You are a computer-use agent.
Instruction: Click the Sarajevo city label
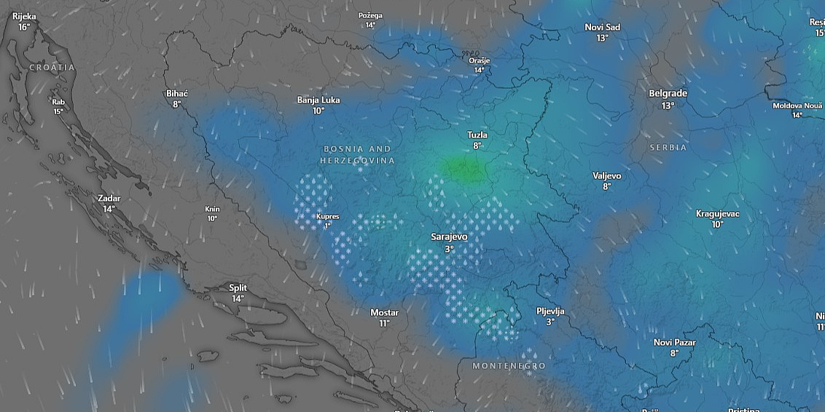(x=449, y=237)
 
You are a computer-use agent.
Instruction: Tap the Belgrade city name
(x=668, y=94)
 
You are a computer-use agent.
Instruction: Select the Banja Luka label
(x=318, y=100)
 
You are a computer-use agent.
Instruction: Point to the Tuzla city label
(x=477, y=135)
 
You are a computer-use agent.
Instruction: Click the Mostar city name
(x=384, y=313)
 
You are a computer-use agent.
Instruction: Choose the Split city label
(x=238, y=288)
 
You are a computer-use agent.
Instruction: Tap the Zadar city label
(x=109, y=198)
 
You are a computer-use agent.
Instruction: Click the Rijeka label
(x=24, y=16)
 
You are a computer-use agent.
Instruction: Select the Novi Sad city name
(x=602, y=28)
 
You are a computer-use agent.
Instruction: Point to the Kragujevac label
(x=717, y=214)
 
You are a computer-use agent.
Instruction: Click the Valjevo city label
(x=606, y=176)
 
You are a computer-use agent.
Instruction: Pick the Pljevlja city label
(x=550, y=312)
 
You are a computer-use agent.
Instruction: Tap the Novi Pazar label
(x=674, y=343)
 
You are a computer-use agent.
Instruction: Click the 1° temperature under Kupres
(x=327, y=226)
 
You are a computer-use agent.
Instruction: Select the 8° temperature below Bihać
(x=176, y=104)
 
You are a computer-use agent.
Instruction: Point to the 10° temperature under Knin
(x=212, y=218)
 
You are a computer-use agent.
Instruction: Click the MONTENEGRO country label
(x=509, y=365)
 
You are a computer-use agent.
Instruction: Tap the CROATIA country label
(x=52, y=67)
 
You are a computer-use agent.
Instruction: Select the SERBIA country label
(x=668, y=148)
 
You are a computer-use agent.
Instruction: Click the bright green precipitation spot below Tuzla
(x=463, y=170)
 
